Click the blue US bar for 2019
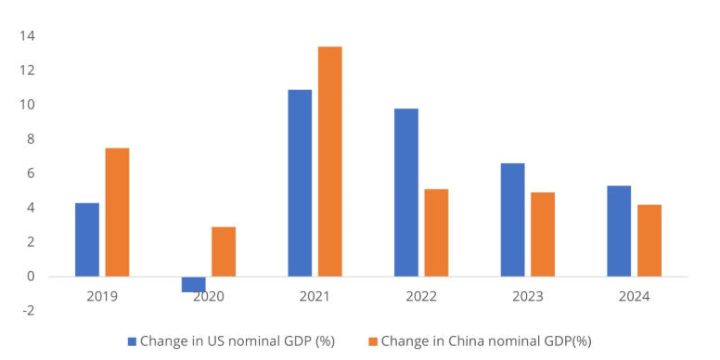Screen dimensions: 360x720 [87, 239]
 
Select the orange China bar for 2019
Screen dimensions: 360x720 [117, 212]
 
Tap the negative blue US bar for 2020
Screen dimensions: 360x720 [193, 284]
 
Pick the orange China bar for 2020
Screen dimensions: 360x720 [224, 251]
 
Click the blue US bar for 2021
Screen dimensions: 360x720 [300, 183]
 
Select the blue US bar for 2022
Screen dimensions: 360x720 [406, 192]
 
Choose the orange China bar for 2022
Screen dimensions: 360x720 [436, 233]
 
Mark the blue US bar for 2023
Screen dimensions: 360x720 [512, 220]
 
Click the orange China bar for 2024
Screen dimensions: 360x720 [649, 240]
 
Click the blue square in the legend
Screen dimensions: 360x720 [131, 341]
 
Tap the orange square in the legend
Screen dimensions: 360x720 [373, 341]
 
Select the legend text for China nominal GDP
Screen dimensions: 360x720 [485, 341]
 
